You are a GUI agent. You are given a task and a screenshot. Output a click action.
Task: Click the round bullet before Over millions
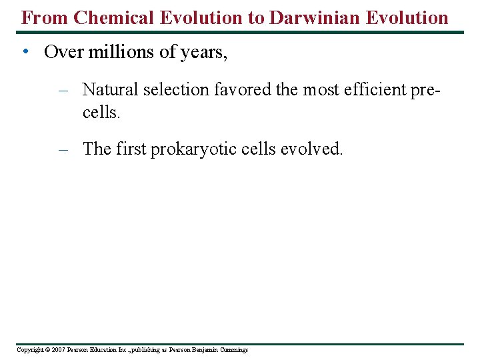point(23,52)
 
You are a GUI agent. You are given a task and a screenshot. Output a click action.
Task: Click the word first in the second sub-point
point(131,149)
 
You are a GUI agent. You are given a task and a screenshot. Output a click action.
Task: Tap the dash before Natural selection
point(64,89)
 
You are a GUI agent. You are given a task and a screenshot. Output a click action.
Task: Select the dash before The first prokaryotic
point(64,149)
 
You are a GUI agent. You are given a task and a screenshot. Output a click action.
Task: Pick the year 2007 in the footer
point(59,350)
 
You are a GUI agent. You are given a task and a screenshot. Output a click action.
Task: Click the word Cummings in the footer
point(233,350)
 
